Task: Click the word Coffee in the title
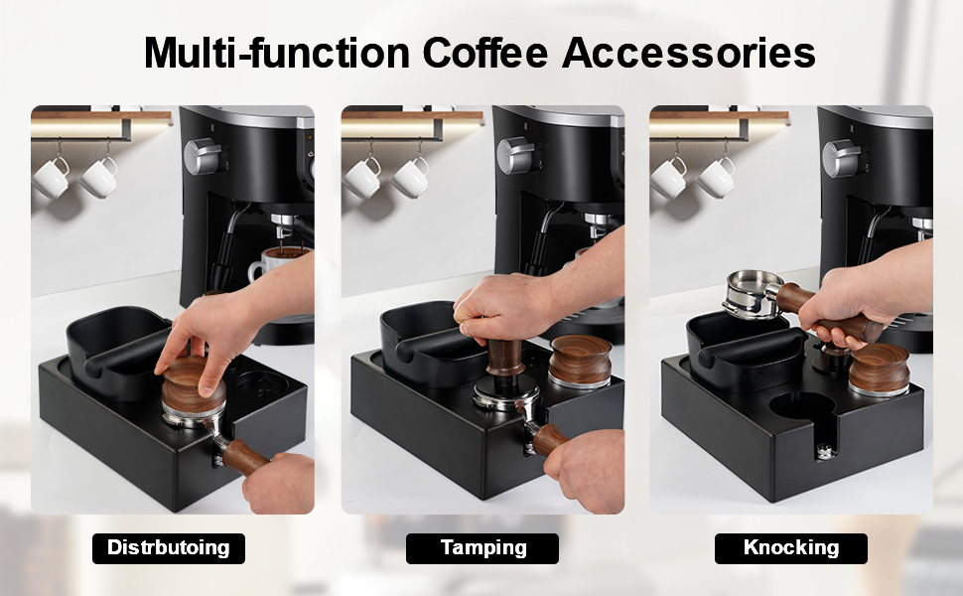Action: (484, 53)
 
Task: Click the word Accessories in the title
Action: (688, 53)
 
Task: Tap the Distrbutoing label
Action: (169, 548)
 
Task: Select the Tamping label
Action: (482, 548)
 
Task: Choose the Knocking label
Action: (791, 548)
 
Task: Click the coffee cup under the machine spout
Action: (276, 263)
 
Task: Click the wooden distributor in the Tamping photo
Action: (579, 362)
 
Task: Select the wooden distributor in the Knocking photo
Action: (879, 370)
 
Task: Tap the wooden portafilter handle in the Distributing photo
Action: (245, 457)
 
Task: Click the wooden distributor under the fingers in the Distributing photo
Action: (193, 389)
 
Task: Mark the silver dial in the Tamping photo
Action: (516, 155)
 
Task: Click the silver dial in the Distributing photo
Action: (203, 156)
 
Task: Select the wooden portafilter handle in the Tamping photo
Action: (550, 439)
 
